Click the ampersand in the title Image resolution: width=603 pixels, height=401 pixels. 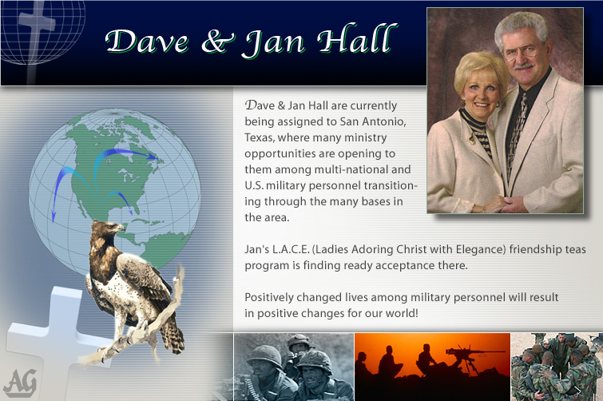coord(218,42)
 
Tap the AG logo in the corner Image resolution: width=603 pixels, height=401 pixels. coord(20,383)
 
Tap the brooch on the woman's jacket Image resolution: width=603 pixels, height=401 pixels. coord(472,139)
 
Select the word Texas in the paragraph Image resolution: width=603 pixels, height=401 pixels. coord(259,137)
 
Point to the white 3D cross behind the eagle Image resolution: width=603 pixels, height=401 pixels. coord(58,339)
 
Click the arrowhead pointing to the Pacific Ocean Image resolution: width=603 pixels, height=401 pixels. coord(54,216)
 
